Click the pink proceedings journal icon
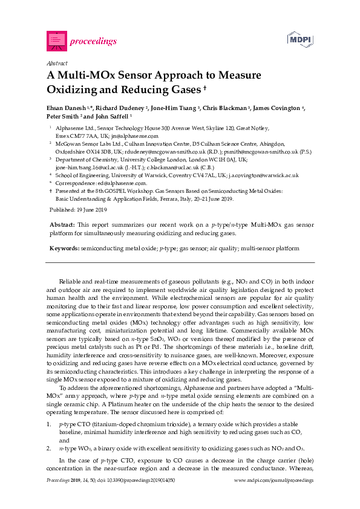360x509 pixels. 56,41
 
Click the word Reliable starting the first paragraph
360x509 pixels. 70,282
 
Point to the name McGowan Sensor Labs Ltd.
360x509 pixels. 85,144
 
